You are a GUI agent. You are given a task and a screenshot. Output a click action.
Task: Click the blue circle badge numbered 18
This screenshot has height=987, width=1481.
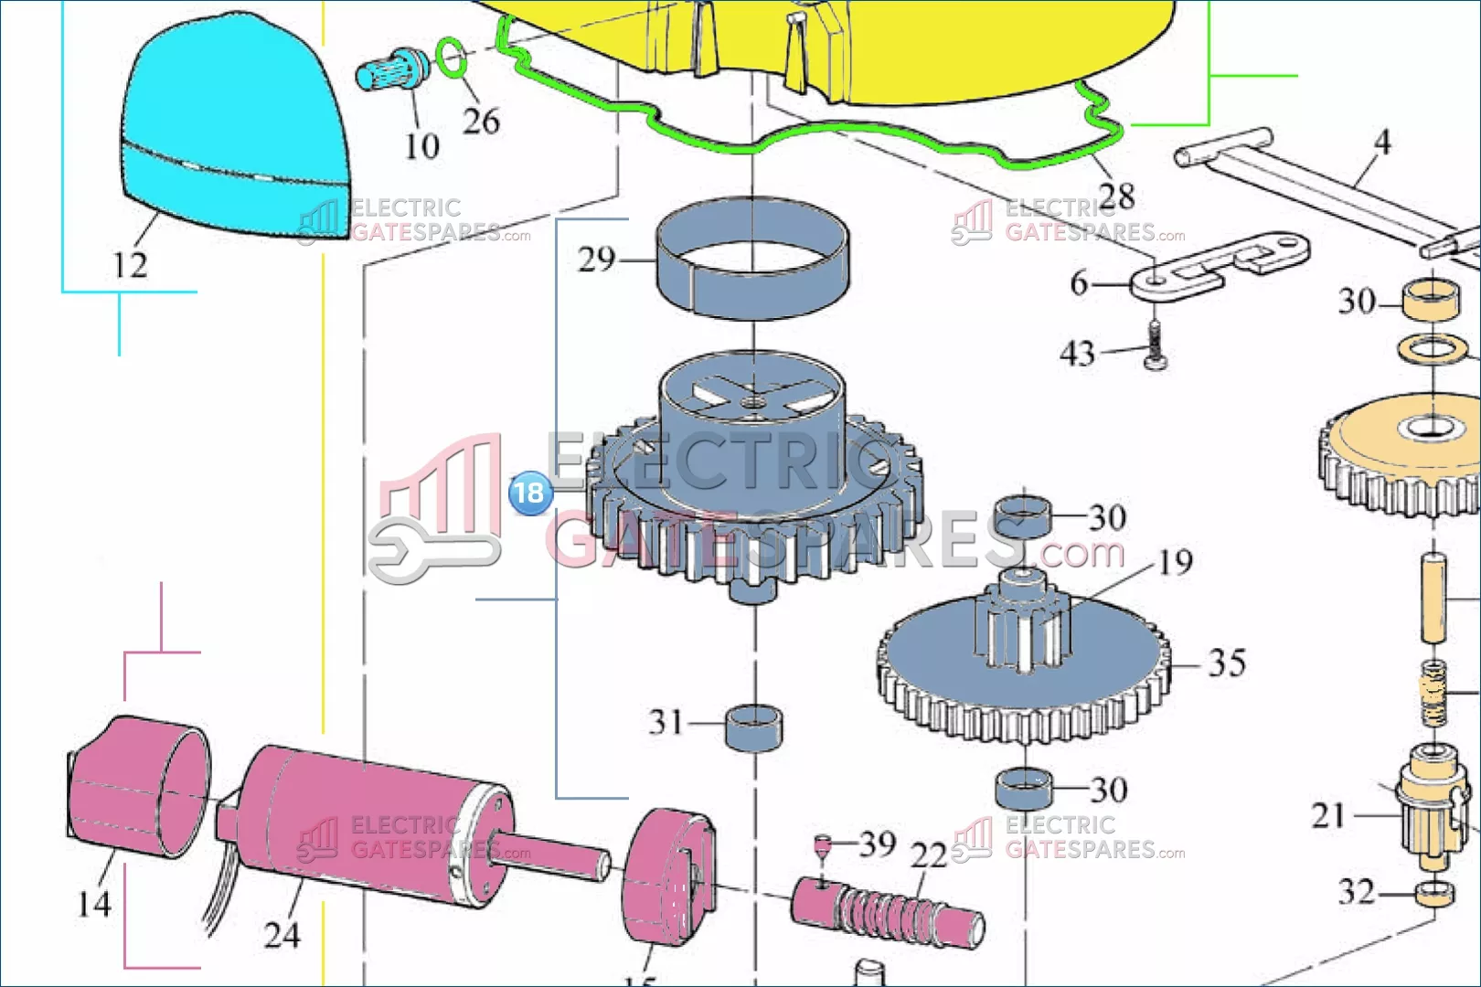pyautogui.click(x=529, y=493)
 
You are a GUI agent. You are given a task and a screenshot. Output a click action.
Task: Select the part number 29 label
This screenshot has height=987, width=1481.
pyautogui.click(x=597, y=260)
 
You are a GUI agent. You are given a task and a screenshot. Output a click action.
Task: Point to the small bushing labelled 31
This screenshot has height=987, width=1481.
pyautogui.click(x=753, y=727)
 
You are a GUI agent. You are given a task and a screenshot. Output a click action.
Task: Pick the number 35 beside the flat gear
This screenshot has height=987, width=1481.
pyautogui.click(x=1226, y=663)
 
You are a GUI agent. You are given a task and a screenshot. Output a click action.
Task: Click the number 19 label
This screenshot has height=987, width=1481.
pyautogui.click(x=1175, y=562)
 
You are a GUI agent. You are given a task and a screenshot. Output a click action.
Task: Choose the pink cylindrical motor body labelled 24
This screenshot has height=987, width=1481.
pyautogui.click(x=366, y=822)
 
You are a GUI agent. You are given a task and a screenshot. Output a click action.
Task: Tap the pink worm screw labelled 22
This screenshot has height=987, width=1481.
pyautogui.click(x=887, y=910)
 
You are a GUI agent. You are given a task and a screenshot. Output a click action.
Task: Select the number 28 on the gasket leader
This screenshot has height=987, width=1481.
pyautogui.click(x=1116, y=196)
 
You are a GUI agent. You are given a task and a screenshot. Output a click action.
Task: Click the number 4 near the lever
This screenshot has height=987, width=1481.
pyautogui.click(x=1382, y=143)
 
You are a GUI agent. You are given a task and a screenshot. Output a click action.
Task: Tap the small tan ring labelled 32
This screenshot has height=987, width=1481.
pyautogui.click(x=1434, y=893)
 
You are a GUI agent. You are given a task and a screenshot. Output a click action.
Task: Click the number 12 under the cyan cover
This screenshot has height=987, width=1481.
pyautogui.click(x=130, y=265)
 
